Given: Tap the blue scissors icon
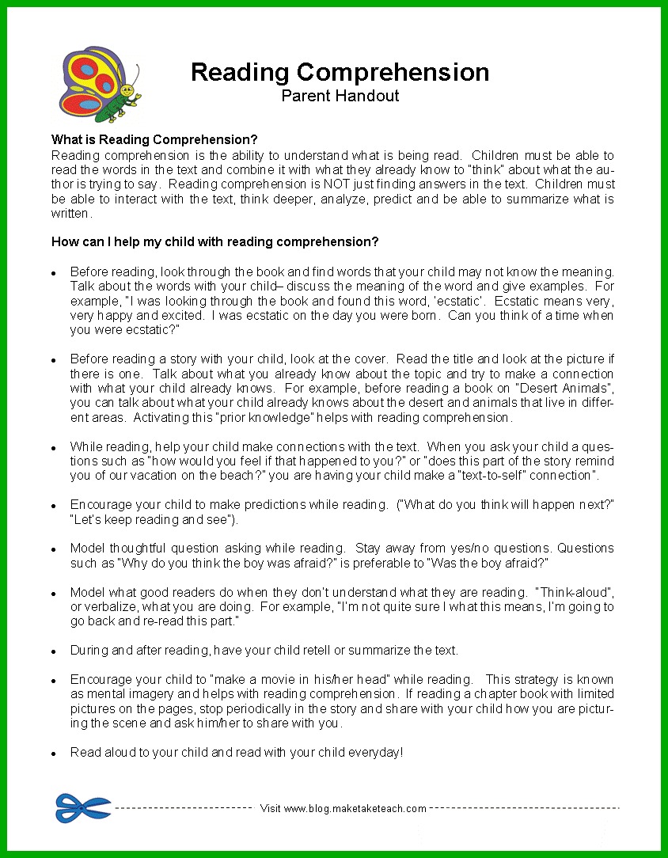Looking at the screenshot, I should (83, 807).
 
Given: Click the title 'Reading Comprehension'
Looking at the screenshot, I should (340, 72).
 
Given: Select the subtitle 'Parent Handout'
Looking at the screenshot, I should (340, 97).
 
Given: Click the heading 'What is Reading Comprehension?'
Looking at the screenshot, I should (154, 140).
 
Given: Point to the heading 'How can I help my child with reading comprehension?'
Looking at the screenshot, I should (214, 241).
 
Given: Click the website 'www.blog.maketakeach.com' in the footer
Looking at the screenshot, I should (355, 809).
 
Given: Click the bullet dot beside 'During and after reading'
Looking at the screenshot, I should (53, 651).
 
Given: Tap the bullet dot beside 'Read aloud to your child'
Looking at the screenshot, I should (53, 754).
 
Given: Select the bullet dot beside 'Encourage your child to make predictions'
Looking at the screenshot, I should (53, 506).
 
